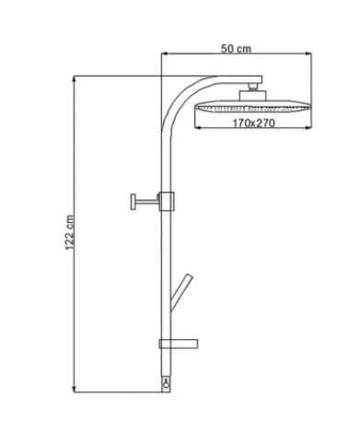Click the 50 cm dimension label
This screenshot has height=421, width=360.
[236, 49]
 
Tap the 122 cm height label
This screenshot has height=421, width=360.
[70, 232]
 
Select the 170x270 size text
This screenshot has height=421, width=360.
[253, 123]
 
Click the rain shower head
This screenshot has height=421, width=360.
[252, 106]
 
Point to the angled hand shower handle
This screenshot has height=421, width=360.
[181, 292]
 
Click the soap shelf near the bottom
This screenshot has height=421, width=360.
[179, 344]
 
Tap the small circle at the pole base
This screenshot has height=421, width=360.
[167, 385]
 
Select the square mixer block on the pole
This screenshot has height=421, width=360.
[167, 201]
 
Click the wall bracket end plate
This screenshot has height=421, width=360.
[134, 202]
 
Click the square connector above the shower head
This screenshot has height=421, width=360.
[253, 95]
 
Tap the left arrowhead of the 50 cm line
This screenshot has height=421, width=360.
[165, 53]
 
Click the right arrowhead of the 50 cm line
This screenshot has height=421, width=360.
[308, 53]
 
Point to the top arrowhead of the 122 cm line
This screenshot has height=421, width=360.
[74, 79]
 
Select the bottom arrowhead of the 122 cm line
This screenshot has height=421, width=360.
[74, 389]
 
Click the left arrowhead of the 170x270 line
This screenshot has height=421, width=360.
[198, 127]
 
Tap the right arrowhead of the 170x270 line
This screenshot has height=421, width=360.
[308, 127]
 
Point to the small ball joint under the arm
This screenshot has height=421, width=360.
[253, 87]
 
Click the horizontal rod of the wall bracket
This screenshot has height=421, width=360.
[147, 202]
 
